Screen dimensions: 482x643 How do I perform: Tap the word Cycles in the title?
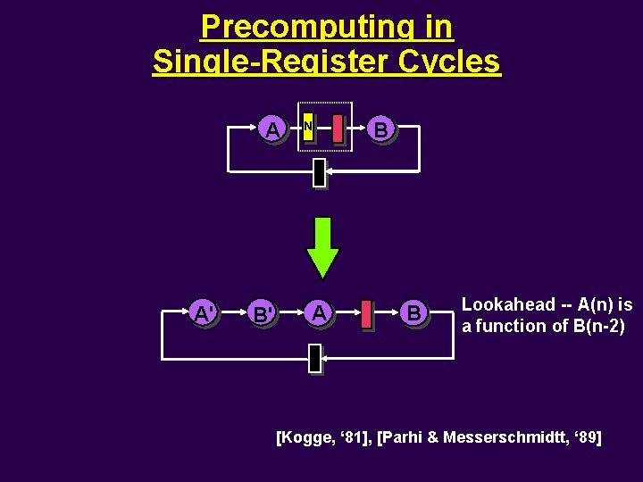[x=456, y=62]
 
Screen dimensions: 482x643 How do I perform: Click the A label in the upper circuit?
[x=273, y=129]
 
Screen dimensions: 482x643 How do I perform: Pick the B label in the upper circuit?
[x=381, y=129]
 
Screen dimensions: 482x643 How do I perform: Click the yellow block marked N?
[x=307, y=128]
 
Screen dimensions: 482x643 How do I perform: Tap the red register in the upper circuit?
[x=337, y=128]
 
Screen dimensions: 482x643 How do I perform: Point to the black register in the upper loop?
[x=319, y=173]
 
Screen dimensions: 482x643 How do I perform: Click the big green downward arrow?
[x=322, y=246]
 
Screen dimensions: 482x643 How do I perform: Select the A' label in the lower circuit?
[x=205, y=313]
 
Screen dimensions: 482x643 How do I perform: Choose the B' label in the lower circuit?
[x=263, y=313]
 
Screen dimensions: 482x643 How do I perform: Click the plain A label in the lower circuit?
[x=318, y=312]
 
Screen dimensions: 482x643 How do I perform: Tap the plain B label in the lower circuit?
[x=413, y=312]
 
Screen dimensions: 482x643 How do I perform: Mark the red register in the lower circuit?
[x=366, y=315]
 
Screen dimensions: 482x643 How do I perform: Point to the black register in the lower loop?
[x=314, y=357]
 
